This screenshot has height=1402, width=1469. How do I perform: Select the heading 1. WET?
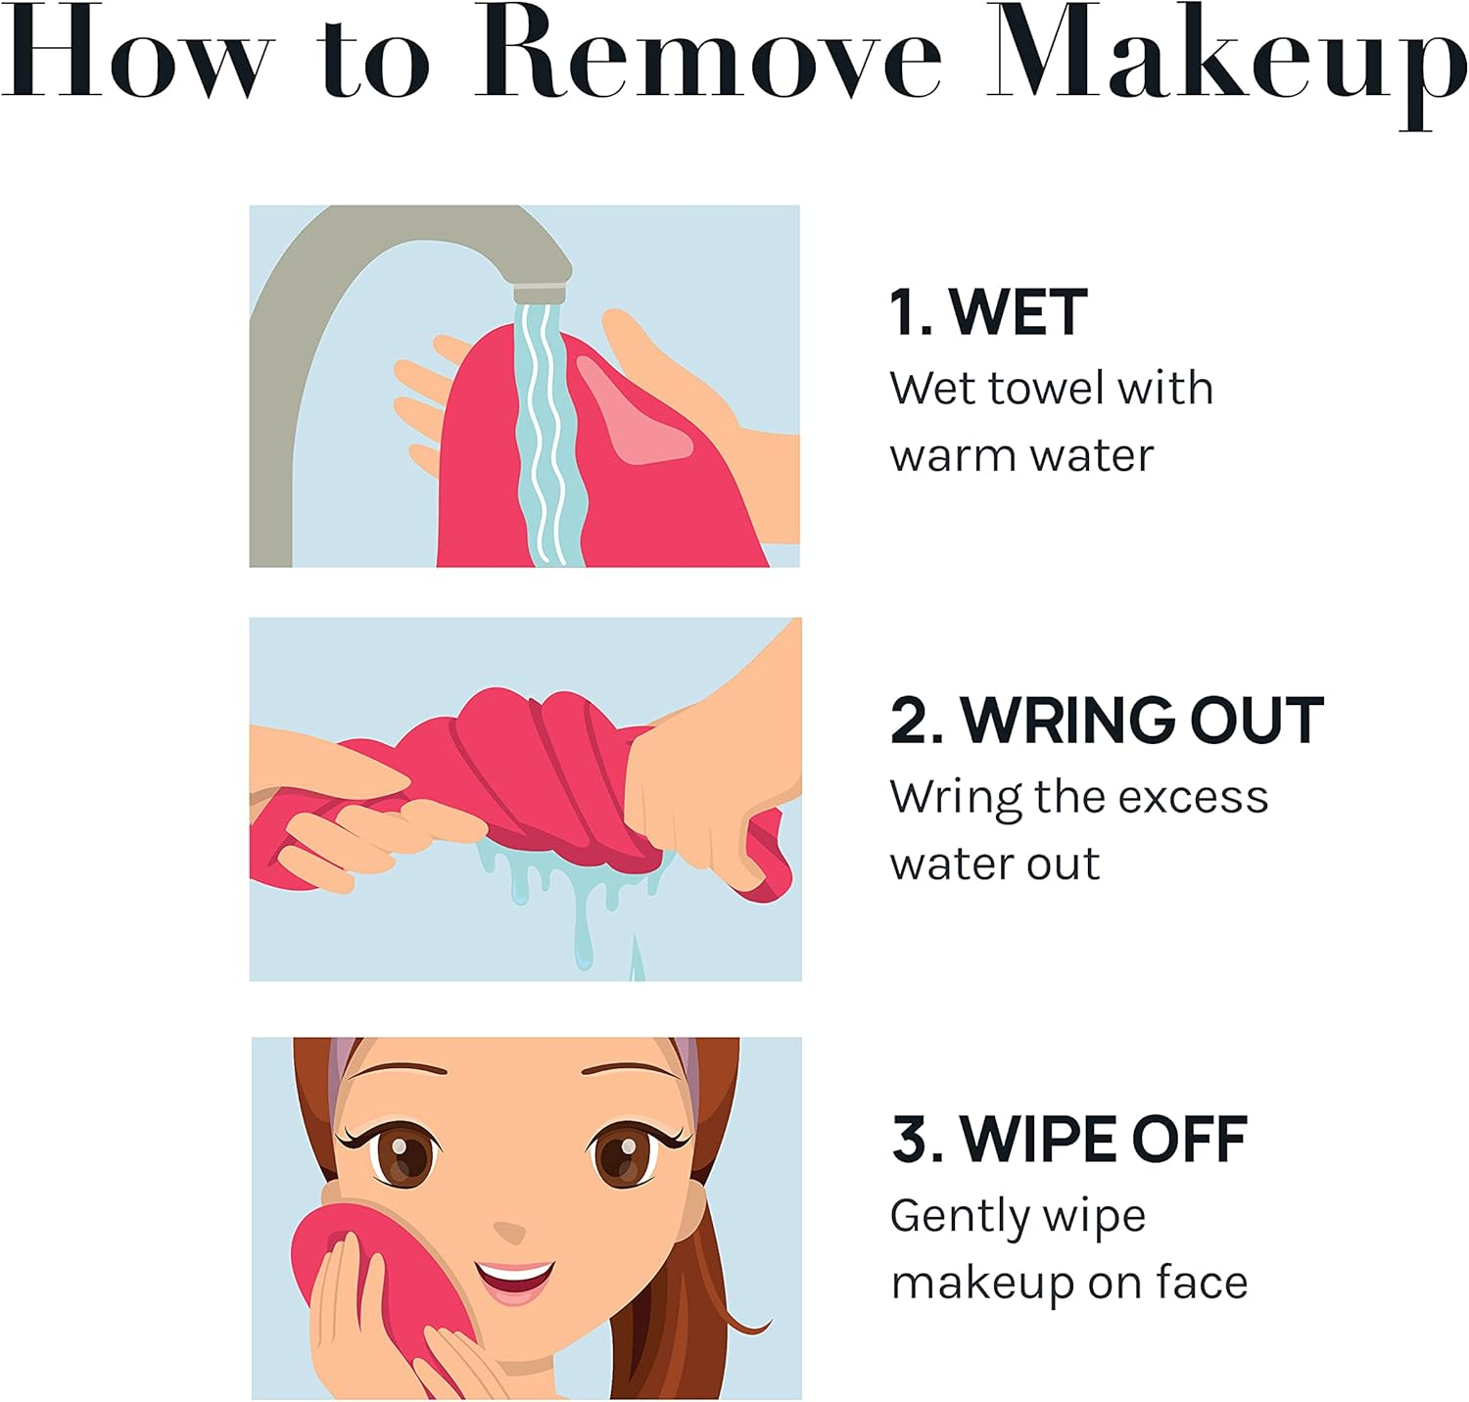point(987,313)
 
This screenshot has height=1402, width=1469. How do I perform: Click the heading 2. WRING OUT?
point(1107,721)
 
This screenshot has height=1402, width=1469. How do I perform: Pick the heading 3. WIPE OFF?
point(1068,1140)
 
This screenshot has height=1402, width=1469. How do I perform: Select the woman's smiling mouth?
point(514,1278)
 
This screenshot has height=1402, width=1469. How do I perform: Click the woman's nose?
point(509,1230)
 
